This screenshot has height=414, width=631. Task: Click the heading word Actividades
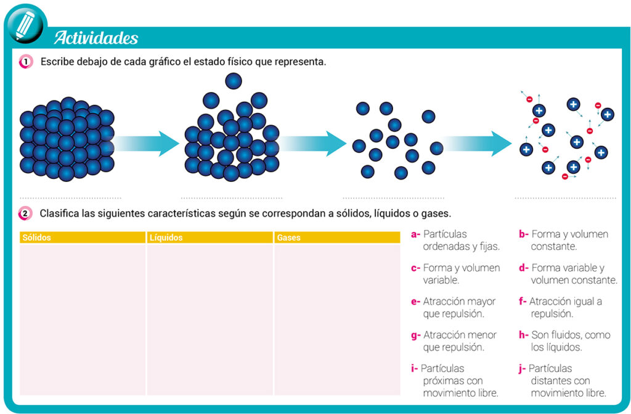click(96, 38)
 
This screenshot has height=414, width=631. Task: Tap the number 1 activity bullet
click(26, 62)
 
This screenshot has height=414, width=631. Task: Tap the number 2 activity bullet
click(25, 213)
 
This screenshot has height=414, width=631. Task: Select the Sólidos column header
click(83, 238)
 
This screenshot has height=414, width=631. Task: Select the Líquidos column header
click(210, 238)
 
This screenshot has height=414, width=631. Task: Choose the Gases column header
click(337, 238)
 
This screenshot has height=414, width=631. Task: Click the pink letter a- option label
click(415, 234)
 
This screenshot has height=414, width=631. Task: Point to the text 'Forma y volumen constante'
click(569, 240)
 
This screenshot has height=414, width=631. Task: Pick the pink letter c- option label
click(415, 268)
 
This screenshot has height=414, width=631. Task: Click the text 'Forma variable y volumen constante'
click(574, 274)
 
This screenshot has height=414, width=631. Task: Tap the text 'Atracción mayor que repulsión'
click(459, 308)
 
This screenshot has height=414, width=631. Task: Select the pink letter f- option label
click(523, 301)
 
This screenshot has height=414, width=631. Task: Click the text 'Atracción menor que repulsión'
click(460, 341)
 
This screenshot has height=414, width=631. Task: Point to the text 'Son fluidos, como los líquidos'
click(570, 341)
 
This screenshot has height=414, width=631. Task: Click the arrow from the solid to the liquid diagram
click(146, 144)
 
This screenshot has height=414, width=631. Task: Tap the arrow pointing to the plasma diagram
click(478, 144)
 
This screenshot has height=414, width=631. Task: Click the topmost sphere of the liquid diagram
click(234, 81)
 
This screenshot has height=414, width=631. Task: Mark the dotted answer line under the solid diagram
click(70, 198)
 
